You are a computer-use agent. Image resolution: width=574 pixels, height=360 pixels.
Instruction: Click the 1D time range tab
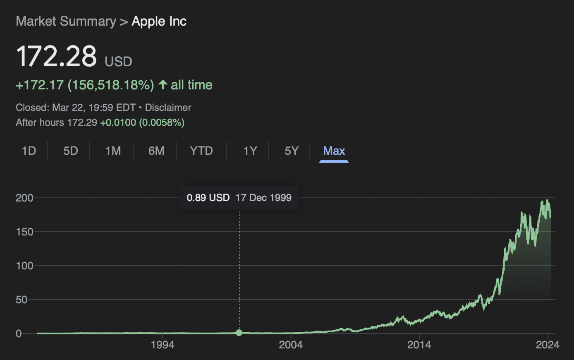29,151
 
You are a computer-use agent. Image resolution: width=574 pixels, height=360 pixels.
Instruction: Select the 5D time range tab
71,151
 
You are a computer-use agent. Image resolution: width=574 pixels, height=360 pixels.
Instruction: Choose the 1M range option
113,151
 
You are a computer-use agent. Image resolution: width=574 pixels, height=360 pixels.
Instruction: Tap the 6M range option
156,151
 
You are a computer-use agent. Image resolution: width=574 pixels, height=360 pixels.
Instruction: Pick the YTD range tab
201,151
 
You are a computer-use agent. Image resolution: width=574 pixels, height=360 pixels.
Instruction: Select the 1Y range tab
250,151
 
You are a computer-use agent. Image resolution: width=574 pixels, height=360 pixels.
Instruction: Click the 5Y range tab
292,151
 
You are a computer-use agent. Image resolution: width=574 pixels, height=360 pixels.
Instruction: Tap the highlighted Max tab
334,151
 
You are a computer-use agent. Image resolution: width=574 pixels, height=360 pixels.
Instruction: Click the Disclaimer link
168,108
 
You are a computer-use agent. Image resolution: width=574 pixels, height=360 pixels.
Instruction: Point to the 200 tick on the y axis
24,198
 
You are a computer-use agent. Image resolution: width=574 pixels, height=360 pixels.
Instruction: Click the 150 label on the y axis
24,232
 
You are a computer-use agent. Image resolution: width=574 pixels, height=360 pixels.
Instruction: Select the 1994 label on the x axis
163,345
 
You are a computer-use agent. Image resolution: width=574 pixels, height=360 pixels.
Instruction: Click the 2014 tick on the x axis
419,345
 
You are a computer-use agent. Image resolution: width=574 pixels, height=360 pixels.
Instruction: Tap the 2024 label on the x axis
547,345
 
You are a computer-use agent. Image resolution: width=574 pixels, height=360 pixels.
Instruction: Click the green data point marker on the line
239,333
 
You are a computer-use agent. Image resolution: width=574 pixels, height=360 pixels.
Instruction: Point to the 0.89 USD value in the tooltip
208,198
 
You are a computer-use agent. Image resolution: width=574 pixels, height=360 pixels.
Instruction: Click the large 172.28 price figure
56,56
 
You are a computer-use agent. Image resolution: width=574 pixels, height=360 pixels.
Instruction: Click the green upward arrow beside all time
163,85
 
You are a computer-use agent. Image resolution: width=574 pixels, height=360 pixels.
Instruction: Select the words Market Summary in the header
66,22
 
